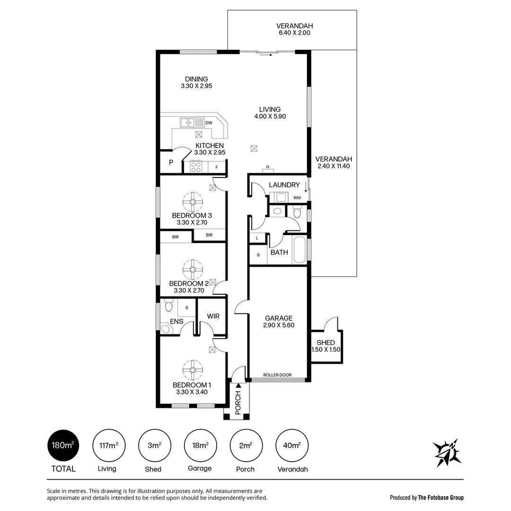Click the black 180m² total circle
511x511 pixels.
[x=63, y=446]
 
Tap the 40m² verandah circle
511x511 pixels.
[x=292, y=446]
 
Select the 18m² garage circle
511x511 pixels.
[x=200, y=446]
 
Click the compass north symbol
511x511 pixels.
[x=447, y=452]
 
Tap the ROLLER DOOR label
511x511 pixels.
[x=277, y=375]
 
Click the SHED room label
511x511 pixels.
[x=326, y=343]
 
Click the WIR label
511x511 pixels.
[x=213, y=316]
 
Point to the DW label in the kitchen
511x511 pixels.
[x=209, y=123]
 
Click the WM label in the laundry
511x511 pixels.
[x=297, y=197]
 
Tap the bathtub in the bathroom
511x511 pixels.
[x=299, y=249]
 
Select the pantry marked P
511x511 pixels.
[x=171, y=162]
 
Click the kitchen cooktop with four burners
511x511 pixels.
[x=196, y=167]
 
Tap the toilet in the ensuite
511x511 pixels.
[x=168, y=306]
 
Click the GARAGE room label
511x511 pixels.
[x=278, y=318]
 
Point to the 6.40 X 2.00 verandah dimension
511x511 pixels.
[x=294, y=33]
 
